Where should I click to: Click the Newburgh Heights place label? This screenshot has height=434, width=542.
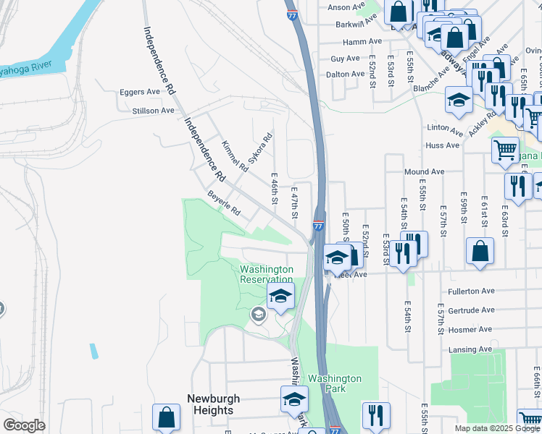[x=210, y=404]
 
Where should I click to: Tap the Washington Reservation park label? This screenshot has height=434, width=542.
[x=267, y=274]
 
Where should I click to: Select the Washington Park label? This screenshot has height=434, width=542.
[x=334, y=383]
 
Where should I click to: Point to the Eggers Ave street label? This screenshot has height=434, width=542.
[x=139, y=92]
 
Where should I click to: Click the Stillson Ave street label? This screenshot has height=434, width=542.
[x=153, y=111]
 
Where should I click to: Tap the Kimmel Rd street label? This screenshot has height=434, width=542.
[x=235, y=156]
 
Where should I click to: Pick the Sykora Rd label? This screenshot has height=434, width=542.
[x=260, y=148]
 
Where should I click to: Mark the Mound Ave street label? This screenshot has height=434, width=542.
[x=424, y=172]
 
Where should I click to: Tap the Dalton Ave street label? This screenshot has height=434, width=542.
[x=346, y=74]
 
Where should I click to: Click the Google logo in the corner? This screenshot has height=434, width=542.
[x=25, y=425]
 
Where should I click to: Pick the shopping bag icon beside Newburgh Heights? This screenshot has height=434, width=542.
[x=166, y=418]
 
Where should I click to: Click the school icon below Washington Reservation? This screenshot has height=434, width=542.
[x=280, y=296]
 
